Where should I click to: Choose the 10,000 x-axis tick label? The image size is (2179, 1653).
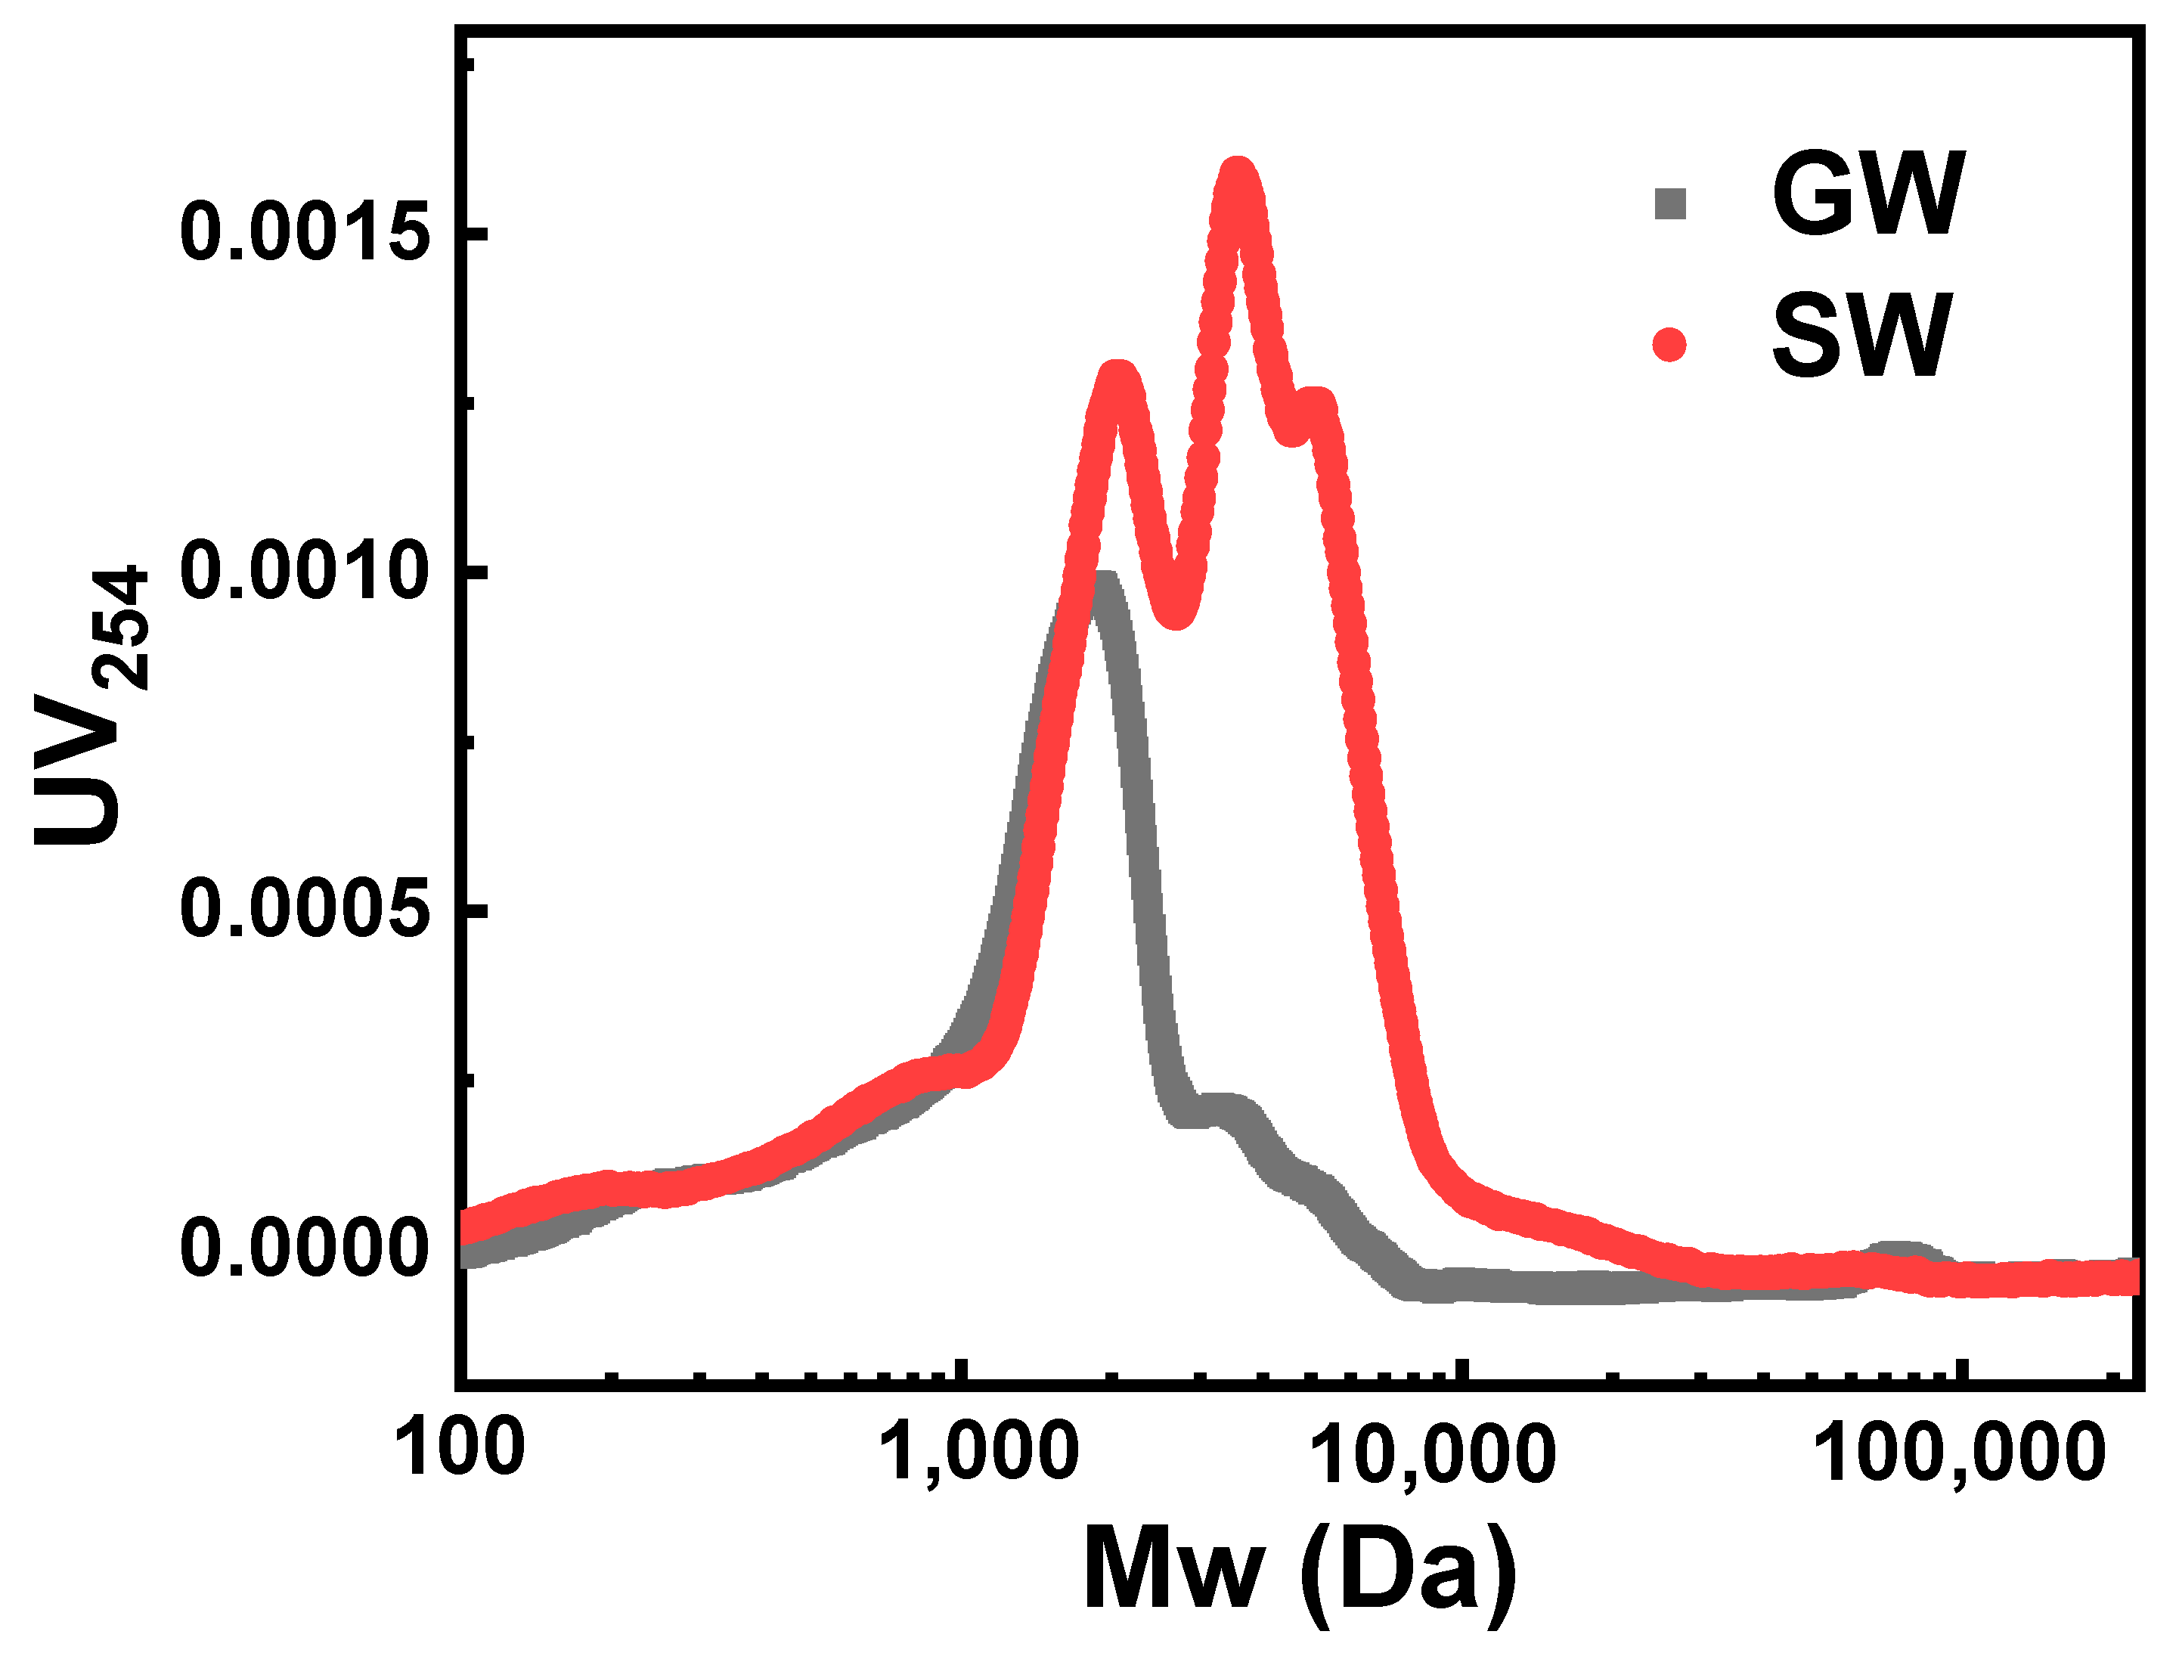pyautogui.click(x=1434, y=1455)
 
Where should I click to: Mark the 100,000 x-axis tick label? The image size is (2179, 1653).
pyautogui.click(x=1959, y=1455)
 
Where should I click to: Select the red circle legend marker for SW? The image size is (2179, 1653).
pyautogui.click(x=1669, y=345)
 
